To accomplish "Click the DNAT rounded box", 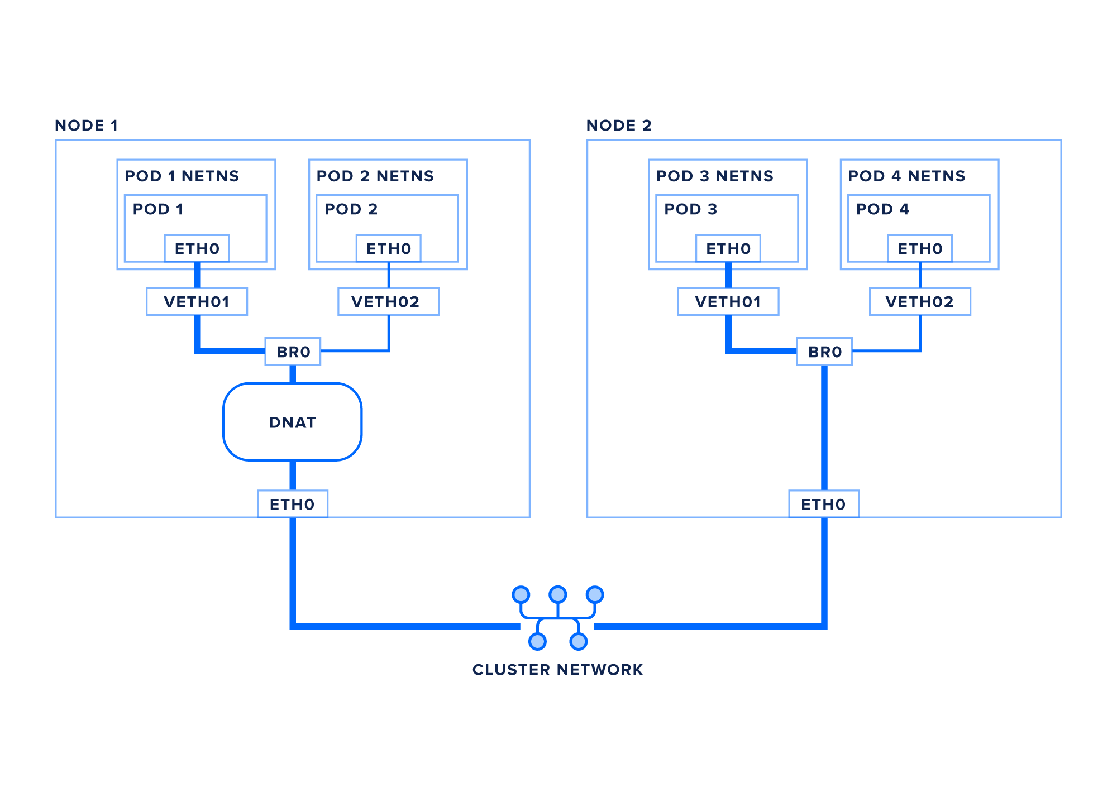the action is coord(292,422).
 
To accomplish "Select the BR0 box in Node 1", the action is coord(293,352).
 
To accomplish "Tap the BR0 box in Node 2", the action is coord(824,352).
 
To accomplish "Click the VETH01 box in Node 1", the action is coord(197,301).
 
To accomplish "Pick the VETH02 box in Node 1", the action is coord(388,301).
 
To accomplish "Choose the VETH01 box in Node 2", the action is coord(728,301).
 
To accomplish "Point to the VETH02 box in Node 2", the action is coord(920,301).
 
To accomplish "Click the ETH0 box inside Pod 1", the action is coord(197,248).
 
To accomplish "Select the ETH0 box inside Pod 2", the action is coord(389,248).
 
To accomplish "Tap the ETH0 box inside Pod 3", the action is coord(728,248).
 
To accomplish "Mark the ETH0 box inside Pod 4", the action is coord(920,248).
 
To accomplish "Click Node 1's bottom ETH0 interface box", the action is coord(292,504).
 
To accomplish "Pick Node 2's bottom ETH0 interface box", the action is coord(824,504).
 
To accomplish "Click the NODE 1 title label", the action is coord(87,126).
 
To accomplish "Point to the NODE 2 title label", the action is coord(619,126).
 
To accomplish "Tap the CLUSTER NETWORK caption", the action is coord(557,670).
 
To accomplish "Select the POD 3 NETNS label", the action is coord(715,176).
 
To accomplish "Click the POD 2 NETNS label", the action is coord(375,176).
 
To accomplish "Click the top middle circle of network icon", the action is coord(558,594).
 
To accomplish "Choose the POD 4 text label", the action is coord(882,209).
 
